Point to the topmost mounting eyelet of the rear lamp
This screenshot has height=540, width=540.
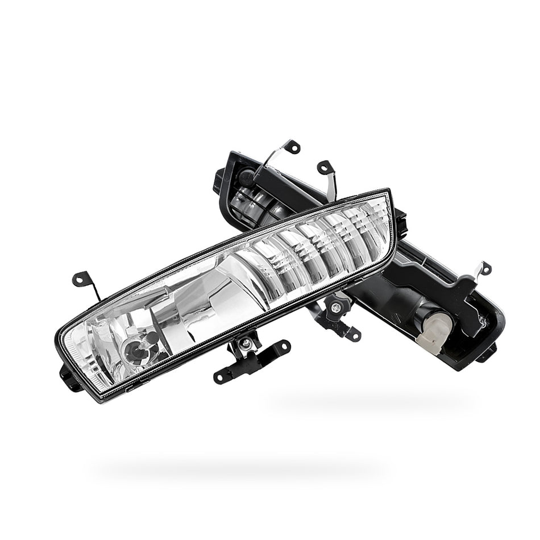[294, 146]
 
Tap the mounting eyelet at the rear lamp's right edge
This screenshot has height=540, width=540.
[484, 267]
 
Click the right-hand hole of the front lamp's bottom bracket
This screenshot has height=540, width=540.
[281, 345]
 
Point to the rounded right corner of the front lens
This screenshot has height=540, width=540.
[389, 250]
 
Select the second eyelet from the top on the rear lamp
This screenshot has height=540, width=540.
[325, 167]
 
